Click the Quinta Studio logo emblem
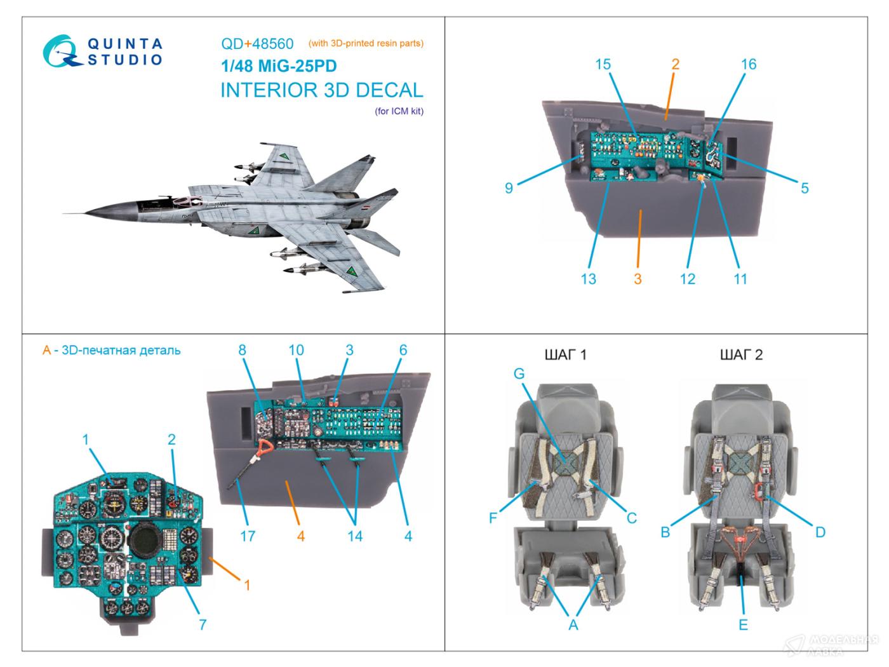tap(62, 51)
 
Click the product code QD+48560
tap(257, 44)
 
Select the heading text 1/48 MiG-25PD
tap(279, 67)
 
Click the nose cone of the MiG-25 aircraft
tap(95, 212)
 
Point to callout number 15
tap(603, 64)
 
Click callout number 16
tap(749, 64)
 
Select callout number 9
tap(509, 188)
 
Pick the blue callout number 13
tap(588, 278)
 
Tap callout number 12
tap(687, 278)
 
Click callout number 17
tap(248, 536)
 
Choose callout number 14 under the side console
tap(354, 536)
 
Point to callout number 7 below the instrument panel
tap(203, 624)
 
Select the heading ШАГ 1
tap(565, 354)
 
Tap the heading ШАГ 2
tap(741, 354)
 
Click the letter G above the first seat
tap(519, 374)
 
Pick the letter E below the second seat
tap(743, 625)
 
